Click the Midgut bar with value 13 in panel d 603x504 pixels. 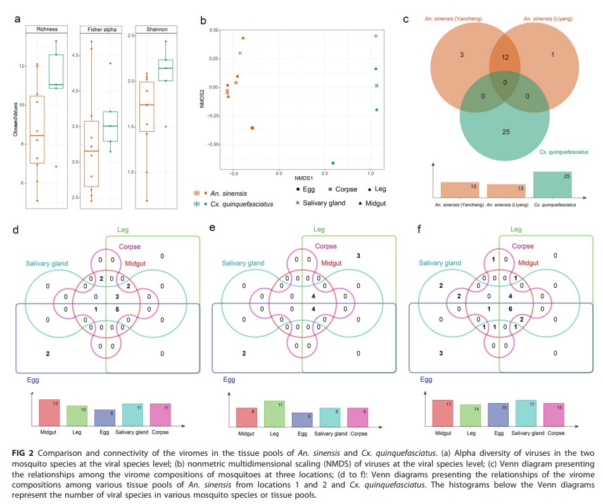click(x=50, y=412)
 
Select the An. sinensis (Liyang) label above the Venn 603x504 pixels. click(x=549, y=19)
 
